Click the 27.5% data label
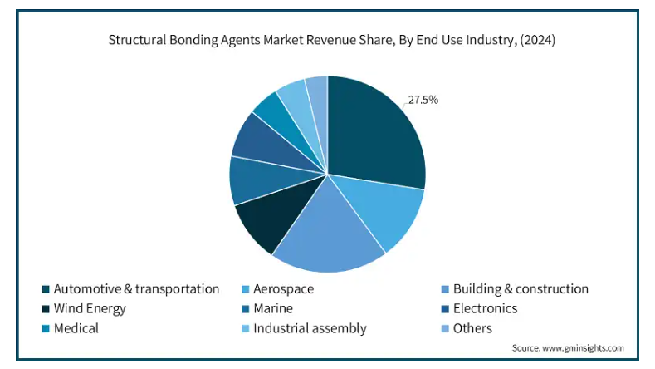click(x=423, y=100)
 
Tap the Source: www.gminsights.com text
click(x=568, y=348)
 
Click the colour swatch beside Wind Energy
click(x=46, y=309)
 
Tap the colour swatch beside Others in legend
click(x=445, y=329)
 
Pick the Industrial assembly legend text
click(x=310, y=328)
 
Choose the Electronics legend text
click(x=486, y=308)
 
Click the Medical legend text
click(x=76, y=328)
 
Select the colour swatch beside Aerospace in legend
click(x=246, y=289)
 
